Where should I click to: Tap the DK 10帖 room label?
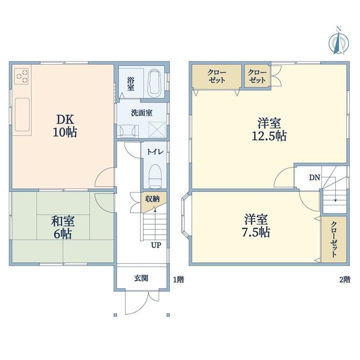click(65, 126)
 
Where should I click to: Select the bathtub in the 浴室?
click(154, 84)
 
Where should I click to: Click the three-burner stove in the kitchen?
click(22, 76)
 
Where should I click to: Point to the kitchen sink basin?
click(22, 115)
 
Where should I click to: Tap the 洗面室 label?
click(142, 113)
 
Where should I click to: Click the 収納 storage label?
click(153, 199)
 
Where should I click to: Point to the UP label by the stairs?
click(156, 245)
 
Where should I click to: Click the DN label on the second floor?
click(314, 178)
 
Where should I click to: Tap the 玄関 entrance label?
click(141, 278)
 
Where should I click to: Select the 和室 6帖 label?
click(63, 227)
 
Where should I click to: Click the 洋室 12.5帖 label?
click(269, 129)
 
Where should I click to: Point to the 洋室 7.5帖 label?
click(256, 226)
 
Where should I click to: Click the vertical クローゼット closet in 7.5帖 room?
click(334, 239)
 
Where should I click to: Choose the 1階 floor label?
click(178, 279)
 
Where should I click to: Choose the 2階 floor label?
click(345, 279)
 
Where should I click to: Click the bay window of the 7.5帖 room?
click(185, 216)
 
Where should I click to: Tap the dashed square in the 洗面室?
click(157, 130)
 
